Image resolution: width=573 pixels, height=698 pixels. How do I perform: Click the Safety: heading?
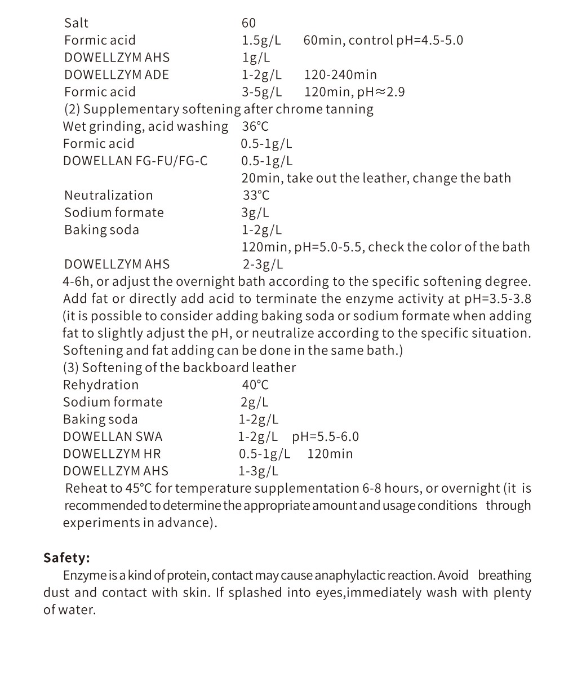[x=66, y=558]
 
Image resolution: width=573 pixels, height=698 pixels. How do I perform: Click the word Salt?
[x=76, y=23]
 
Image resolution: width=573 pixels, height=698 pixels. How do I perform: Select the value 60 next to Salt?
[x=248, y=23]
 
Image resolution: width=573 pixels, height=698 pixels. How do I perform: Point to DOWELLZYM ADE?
[x=116, y=74]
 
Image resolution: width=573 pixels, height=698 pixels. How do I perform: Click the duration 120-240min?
[x=340, y=74]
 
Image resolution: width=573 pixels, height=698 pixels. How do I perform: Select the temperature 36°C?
[x=255, y=126]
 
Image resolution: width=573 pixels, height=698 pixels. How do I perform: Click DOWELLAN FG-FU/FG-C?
[x=135, y=161]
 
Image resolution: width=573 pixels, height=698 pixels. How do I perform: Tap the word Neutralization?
[x=108, y=195]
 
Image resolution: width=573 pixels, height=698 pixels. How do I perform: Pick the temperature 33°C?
[x=256, y=195]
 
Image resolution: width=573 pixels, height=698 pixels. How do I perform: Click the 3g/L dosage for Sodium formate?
[x=255, y=213]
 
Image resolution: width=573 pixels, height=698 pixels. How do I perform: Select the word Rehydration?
[x=100, y=385]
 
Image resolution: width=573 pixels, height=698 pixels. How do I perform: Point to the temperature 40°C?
[x=255, y=385]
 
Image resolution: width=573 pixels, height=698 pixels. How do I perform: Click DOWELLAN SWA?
[x=113, y=437]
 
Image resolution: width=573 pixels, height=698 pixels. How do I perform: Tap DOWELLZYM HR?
[x=112, y=454]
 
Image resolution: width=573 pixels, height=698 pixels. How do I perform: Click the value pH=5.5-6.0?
[x=325, y=437]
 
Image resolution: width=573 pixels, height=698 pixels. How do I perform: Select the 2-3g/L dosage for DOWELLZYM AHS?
[x=263, y=264]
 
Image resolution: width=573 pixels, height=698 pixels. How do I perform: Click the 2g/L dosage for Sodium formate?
[x=255, y=403]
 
